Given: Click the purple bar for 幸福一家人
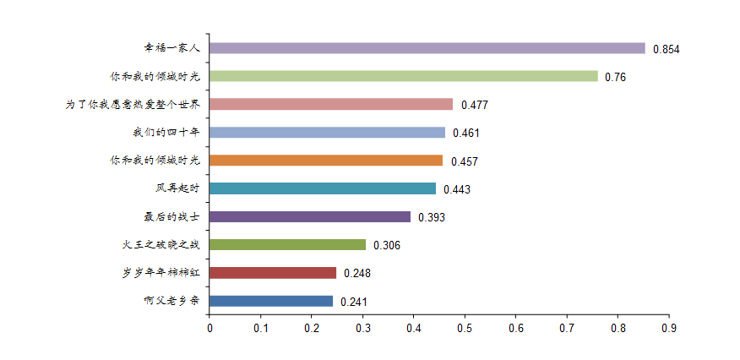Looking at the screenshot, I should coord(427,48).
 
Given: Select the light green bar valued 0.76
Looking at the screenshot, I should coord(404,76).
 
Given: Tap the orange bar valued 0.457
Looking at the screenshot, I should coord(326,161).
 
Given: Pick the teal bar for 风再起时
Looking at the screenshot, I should coord(323,188).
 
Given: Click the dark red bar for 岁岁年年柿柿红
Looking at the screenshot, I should coord(273,273).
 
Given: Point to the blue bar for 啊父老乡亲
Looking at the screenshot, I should coord(271,301).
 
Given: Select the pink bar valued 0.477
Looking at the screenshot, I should coord(331,105).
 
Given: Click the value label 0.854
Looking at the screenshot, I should coord(666,49).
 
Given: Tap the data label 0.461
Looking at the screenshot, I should coord(466,133).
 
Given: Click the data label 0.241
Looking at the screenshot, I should coord(354,302).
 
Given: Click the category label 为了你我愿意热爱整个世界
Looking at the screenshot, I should coord(133,105).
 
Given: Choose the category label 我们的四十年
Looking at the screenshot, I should coord(161,133).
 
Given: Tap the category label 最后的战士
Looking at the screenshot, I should coord(172,217).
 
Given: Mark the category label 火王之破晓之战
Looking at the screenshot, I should coord(161,245).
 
